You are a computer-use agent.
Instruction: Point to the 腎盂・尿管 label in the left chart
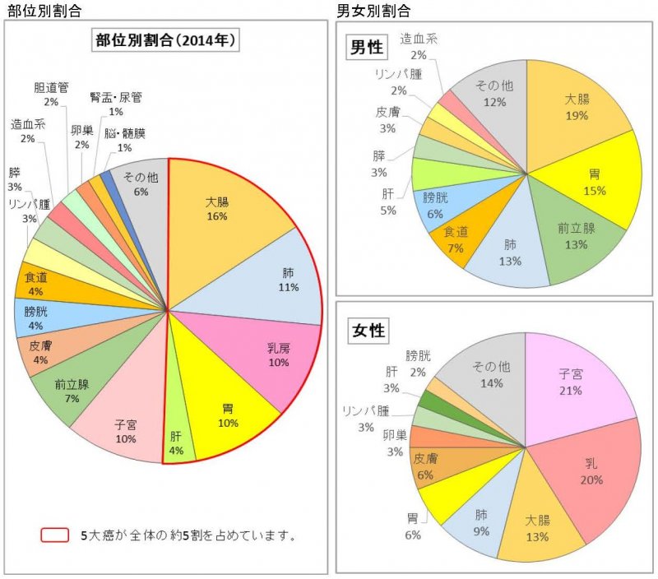pyautogui.click(x=116, y=97)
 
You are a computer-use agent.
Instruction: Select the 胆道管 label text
pyautogui.click(x=51, y=87)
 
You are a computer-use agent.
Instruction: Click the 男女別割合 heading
pyautogui.click(x=374, y=11)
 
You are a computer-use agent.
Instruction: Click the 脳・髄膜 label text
pyautogui.click(x=124, y=133)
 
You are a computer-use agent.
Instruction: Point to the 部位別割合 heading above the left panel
pyautogui.click(x=39, y=11)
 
